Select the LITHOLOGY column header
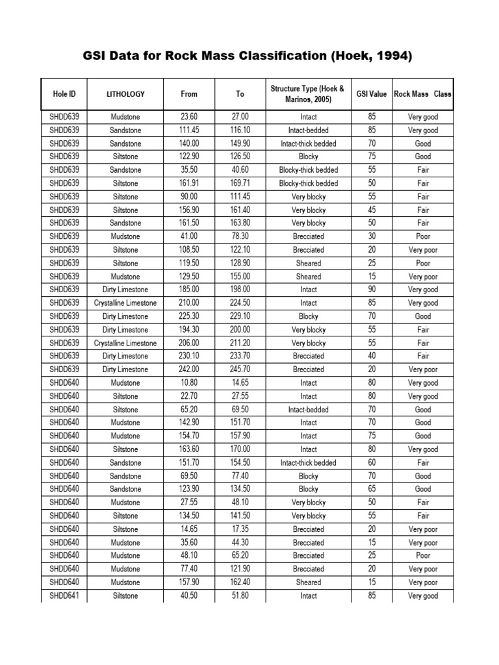pyautogui.click(x=125, y=94)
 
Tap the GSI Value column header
pyautogui.click(x=371, y=94)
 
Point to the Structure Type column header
pyautogui.click(x=308, y=94)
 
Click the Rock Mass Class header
pyautogui.click(x=422, y=94)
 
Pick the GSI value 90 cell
pyautogui.click(x=371, y=290)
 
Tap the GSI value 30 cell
pyautogui.click(x=371, y=236)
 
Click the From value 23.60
pyautogui.click(x=189, y=117)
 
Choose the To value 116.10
pyautogui.click(x=240, y=130)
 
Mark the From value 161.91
pyautogui.click(x=189, y=183)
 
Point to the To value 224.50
pyautogui.click(x=240, y=303)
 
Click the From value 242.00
pyautogui.click(x=189, y=370)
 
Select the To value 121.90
pyautogui.click(x=240, y=569)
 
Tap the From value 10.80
pyautogui.click(x=189, y=383)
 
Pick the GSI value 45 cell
pyautogui.click(x=371, y=210)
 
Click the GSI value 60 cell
pyautogui.click(x=371, y=462)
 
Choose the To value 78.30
pyautogui.click(x=240, y=236)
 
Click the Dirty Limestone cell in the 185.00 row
pyautogui.click(x=125, y=290)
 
